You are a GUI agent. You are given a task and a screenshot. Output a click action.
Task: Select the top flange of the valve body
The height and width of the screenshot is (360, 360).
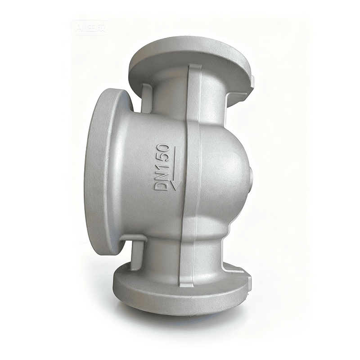pyautogui.click(x=189, y=67)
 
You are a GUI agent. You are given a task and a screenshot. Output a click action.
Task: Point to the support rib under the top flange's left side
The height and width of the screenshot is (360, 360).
pyautogui.click(x=146, y=97)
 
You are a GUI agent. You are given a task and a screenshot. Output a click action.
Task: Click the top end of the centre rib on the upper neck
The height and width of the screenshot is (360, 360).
pyautogui.click(x=195, y=70)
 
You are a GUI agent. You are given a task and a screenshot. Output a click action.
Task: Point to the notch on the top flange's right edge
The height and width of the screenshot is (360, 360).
pyautogui.click(x=252, y=81)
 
